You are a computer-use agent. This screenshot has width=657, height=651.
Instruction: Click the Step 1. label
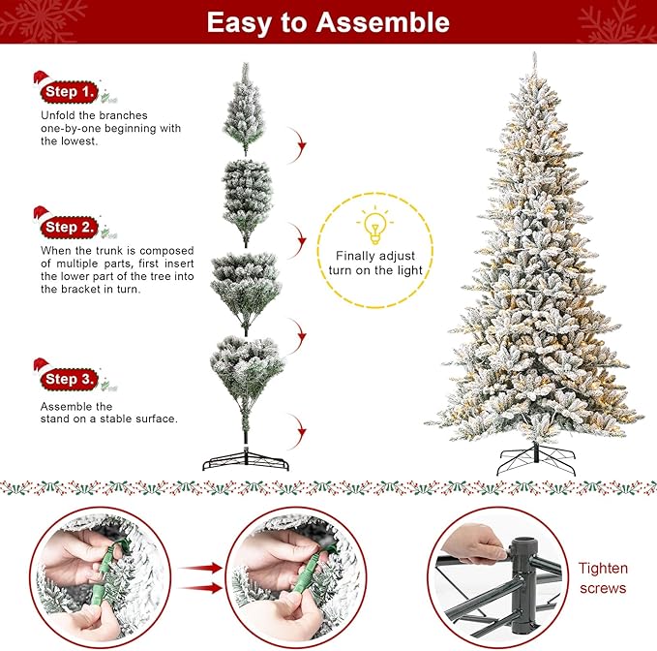[x=71, y=92]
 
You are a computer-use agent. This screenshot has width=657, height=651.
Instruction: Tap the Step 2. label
[x=71, y=227]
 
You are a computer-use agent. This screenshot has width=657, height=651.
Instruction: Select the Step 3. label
[x=71, y=379]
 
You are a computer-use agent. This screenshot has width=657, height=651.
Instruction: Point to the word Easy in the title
[x=242, y=22]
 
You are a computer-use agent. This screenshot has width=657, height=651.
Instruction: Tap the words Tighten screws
[x=603, y=578]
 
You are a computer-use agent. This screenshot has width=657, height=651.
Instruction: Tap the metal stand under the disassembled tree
[x=246, y=459]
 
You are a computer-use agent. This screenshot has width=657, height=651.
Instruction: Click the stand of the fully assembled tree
[x=535, y=458]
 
